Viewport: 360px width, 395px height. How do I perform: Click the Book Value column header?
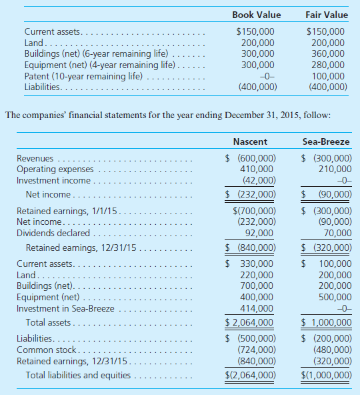[256, 15]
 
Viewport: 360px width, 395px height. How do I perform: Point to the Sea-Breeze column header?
[326, 142]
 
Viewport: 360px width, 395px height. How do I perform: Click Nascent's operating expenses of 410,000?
[257, 169]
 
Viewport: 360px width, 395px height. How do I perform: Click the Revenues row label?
[36, 159]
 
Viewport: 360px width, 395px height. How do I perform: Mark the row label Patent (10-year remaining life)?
[83, 76]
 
